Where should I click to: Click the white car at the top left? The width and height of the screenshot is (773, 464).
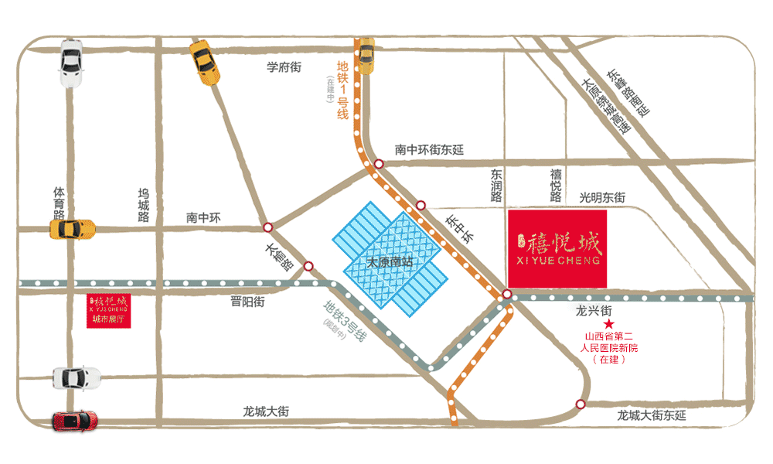click(x=71, y=66)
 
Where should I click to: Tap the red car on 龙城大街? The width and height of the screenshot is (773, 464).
click(x=75, y=420)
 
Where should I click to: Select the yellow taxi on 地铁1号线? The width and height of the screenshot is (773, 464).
click(x=365, y=55)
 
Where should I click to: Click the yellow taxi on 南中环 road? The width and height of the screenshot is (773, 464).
click(x=72, y=229)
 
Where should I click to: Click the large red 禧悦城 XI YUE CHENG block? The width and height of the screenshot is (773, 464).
click(x=557, y=247)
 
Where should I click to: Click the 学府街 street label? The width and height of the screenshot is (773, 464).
click(x=283, y=67)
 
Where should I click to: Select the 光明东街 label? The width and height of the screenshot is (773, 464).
click(x=602, y=198)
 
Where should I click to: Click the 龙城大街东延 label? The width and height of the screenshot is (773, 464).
click(x=651, y=415)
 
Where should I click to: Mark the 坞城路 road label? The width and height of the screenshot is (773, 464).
click(x=143, y=204)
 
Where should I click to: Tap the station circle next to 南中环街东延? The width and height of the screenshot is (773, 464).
click(x=379, y=164)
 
